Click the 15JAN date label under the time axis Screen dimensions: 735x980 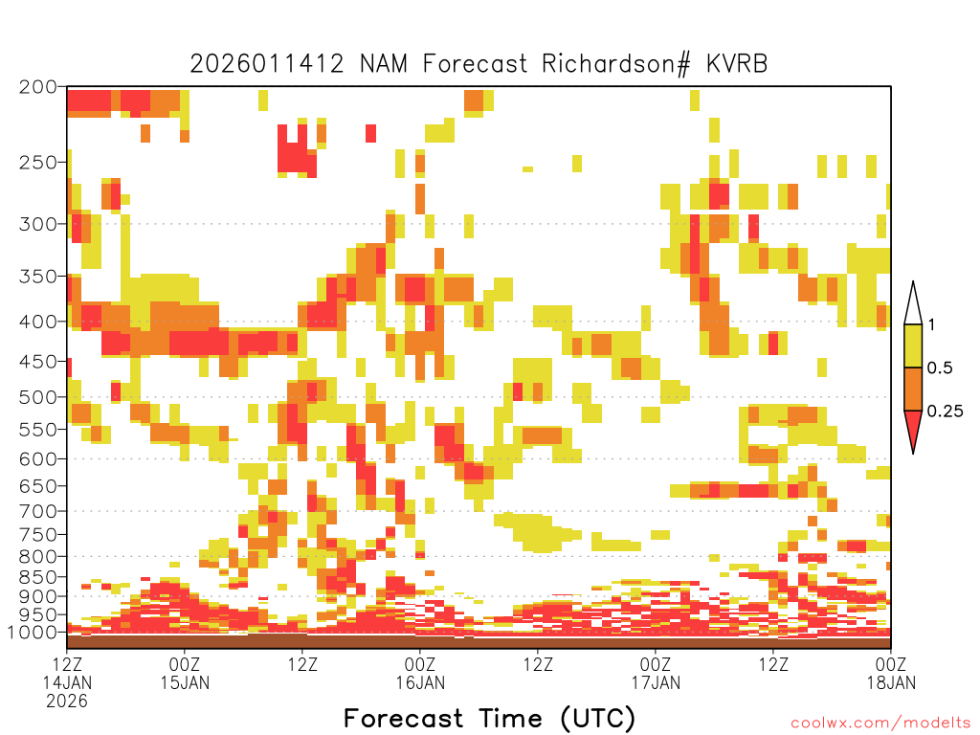[x=185, y=682]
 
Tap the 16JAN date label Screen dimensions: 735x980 [x=420, y=682]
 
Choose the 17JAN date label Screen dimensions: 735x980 [x=656, y=682]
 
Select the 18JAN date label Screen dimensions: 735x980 [x=891, y=682]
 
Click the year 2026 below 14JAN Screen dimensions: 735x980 [x=67, y=702]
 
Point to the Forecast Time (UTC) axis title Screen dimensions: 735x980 [x=489, y=718]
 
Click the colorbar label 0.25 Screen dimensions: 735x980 [x=945, y=412]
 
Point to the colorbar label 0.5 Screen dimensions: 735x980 [x=940, y=368]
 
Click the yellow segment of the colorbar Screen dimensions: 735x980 [x=913, y=346]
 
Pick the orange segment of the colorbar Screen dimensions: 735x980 [x=913, y=390]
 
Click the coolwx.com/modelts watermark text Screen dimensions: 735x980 [x=881, y=723]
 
